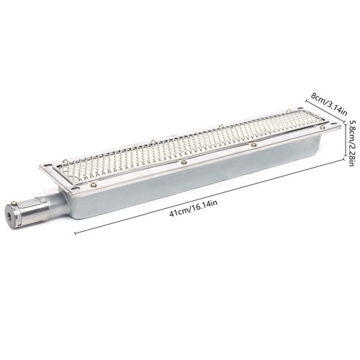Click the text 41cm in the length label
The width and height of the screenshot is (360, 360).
[179, 212]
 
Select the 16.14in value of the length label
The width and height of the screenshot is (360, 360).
[204, 205]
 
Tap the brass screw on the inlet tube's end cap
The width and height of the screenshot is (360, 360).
[14, 202]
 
